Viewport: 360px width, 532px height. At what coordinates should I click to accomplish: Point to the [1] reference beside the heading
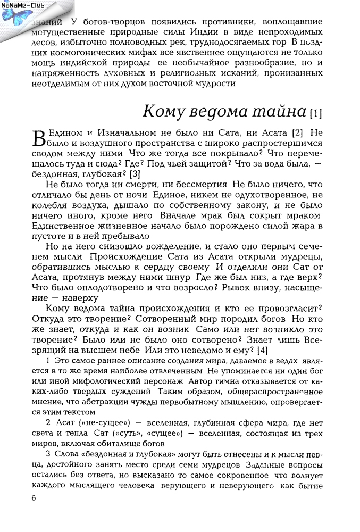coord(316,113)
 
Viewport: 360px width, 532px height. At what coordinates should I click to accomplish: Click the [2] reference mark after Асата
coord(298,132)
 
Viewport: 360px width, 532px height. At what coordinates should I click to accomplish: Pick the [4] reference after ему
coord(262,351)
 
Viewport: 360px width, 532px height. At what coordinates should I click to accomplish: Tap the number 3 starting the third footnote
coord(48,454)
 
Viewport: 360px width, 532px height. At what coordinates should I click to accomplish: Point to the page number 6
coord(34,498)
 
